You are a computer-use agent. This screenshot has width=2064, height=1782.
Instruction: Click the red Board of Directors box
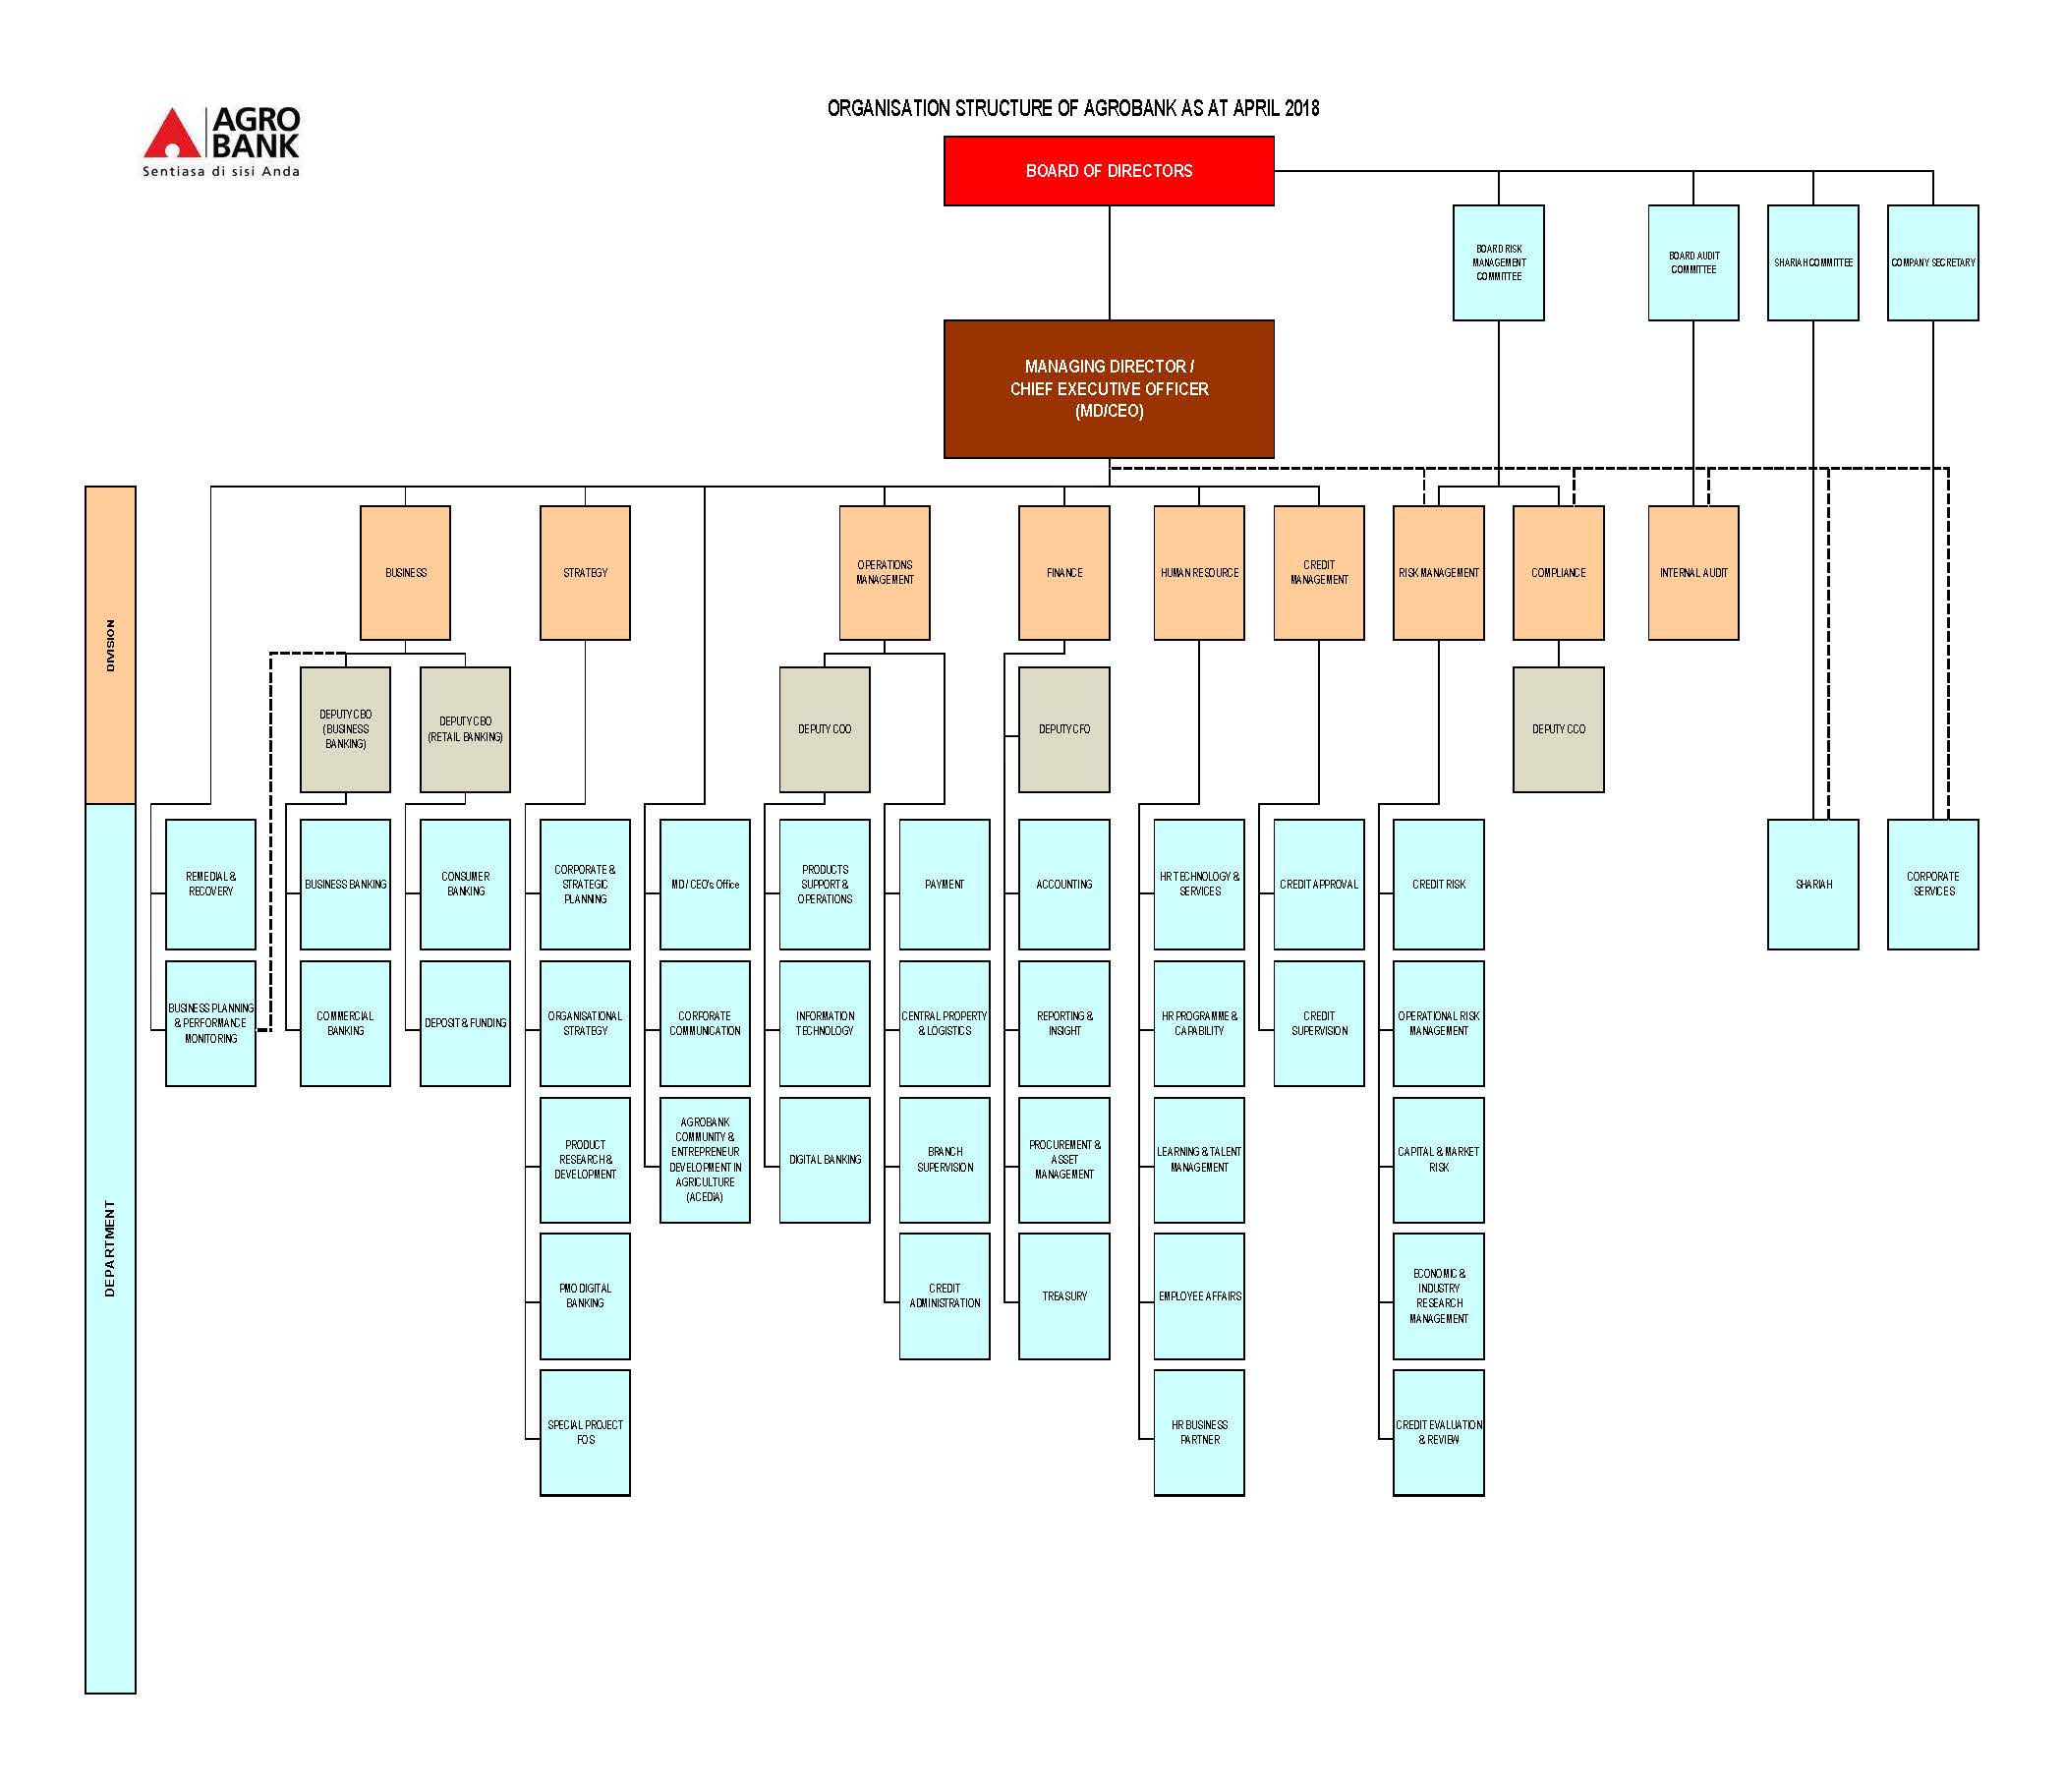[x=1109, y=170]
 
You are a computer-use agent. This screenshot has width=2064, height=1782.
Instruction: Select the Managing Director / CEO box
[x=1109, y=388]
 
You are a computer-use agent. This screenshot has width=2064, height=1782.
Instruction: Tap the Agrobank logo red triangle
[x=172, y=134]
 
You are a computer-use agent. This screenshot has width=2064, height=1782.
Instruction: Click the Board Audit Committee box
[x=1693, y=263]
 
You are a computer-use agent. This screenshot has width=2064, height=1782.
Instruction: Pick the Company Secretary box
[x=1932, y=263]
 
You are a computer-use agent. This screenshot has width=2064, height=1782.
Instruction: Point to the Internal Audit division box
[x=1693, y=573]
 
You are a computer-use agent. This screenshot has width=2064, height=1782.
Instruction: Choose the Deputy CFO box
[x=1063, y=729]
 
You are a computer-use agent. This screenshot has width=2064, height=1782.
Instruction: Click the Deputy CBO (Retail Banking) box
[x=465, y=729]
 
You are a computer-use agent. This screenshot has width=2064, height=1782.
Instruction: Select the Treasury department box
[x=1063, y=1295]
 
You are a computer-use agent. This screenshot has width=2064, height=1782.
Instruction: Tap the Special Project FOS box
[x=585, y=1432]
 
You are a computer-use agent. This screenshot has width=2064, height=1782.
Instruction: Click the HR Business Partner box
[x=1199, y=1432]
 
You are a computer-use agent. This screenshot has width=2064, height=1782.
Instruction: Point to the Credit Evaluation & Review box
[x=1439, y=1432]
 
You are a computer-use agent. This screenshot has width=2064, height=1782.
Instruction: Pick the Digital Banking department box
[x=825, y=1160]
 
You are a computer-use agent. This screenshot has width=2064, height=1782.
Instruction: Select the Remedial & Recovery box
[x=210, y=885]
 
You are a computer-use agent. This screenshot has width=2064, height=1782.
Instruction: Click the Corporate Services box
[x=1932, y=885]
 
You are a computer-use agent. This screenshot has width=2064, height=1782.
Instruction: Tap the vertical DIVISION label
[x=110, y=646]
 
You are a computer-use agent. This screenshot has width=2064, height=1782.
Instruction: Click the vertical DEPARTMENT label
[x=110, y=1248]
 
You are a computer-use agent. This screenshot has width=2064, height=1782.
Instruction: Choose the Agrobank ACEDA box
[x=705, y=1160]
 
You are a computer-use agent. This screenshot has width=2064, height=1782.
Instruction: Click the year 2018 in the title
[x=1302, y=107]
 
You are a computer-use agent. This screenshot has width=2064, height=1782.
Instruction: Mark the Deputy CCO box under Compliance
[x=1558, y=729]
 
